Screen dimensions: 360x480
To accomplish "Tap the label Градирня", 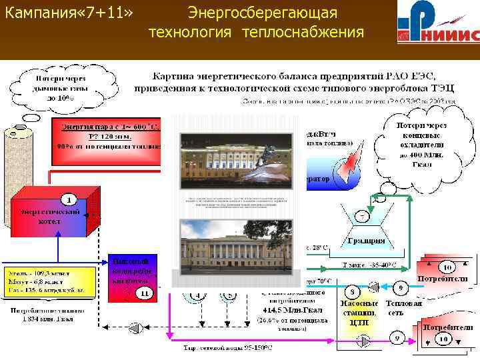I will click(x=365, y=241).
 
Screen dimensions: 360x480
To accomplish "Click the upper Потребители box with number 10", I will click(x=443, y=273).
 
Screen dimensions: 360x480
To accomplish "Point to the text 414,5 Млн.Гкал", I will click(x=286, y=309).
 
